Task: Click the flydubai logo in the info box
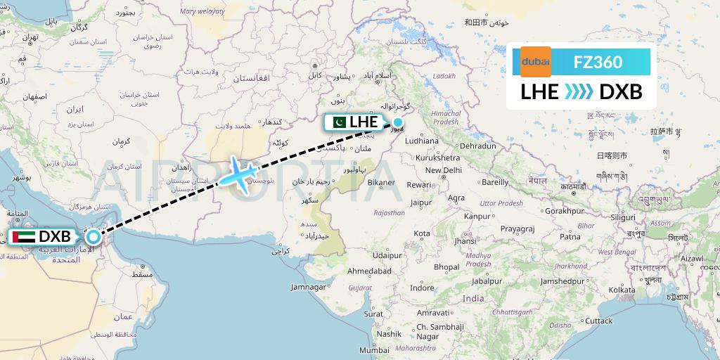point(535,62)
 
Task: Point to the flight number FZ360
point(598,62)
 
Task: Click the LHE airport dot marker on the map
point(397,122)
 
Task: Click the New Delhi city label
point(443,170)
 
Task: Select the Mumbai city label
point(374,349)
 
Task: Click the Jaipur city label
point(420,202)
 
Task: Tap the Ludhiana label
point(422,141)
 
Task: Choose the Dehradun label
point(479,146)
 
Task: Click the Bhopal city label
point(446,267)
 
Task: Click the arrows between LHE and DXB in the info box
point(579,91)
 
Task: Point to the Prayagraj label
point(519,229)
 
